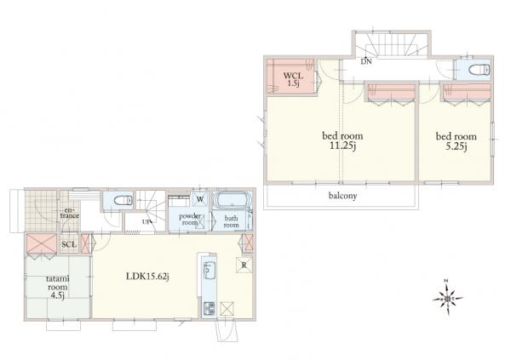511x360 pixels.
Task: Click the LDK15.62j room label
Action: click(x=147, y=277)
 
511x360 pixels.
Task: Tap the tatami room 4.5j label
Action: click(x=58, y=287)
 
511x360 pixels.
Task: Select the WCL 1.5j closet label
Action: click(x=293, y=79)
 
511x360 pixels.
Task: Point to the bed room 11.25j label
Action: click(x=342, y=140)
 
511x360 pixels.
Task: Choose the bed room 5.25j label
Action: click(x=456, y=141)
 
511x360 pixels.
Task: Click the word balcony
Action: click(x=342, y=196)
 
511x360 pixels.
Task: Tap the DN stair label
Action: click(x=366, y=61)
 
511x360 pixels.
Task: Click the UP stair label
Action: click(x=146, y=222)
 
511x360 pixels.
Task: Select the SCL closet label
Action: click(x=69, y=244)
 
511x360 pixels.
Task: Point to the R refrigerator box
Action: click(x=244, y=266)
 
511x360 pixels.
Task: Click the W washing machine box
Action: click(x=200, y=199)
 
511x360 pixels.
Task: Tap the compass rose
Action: click(x=448, y=298)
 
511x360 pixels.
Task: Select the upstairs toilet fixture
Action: click(x=479, y=70)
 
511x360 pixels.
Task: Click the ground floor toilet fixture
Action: click(x=122, y=200)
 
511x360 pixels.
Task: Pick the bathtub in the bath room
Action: click(x=232, y=199)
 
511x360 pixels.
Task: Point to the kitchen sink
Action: click(x=208, y=269)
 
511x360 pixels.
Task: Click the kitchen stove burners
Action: click(x=209, y=309)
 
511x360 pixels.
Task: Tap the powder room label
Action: click(x=190, y=220)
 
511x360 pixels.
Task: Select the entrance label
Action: click(x=70, y=213)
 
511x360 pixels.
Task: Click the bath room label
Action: click(x=231, y=221)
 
